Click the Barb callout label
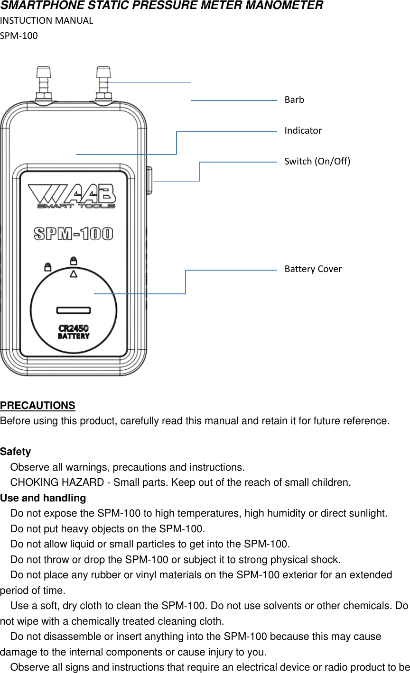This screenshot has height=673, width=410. pyautogui.click(x=294, y=100)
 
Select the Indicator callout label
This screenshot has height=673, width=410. pyautogui.click(x=303, y=130)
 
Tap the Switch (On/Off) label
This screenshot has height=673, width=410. pyautogui.click(x=317, y=161)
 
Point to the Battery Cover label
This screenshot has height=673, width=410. pyautogui.click(x=313, y=269)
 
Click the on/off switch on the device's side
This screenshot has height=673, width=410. pyautogui.click(x=149, y=180)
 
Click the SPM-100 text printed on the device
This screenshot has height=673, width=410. pyautogui.click(x=74, y=234)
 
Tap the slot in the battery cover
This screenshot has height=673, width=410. pyautogui.click(x=74, y=310)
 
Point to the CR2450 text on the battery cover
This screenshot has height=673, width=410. pyautogui.click(x=74, y=328)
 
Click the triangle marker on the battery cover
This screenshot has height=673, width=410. pyautogui.click(x=74, y=274)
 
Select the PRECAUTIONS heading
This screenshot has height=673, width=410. pyautogui.click(x=37, y=406)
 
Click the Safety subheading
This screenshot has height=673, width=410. pyautogui.click(x=15, y=452)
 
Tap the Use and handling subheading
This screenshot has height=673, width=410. pyautogui.click(x=43, y=498)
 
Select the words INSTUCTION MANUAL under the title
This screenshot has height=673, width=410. pyautogui.click(x=47, y=20)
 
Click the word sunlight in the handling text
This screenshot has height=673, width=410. pyautogui.click(x=367, y=513)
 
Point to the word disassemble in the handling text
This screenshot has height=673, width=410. pyautogui.click(x=72, y=637)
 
